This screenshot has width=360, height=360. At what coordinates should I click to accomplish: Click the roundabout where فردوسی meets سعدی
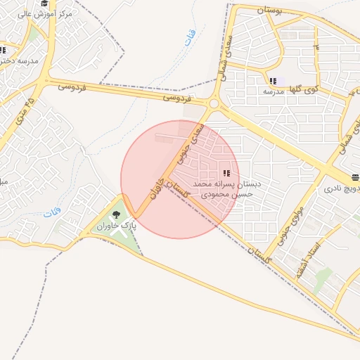(x=214, y=105)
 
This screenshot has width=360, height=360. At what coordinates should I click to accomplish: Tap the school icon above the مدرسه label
(x=273, y=82)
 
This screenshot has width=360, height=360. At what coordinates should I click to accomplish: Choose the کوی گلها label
(x=304, y=90)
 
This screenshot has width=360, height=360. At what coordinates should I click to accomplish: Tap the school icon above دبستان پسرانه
(x=226, y=173)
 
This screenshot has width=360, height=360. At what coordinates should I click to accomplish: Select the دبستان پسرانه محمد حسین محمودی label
(x=231, y=188)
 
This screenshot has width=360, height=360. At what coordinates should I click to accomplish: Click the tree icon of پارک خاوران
(x=116, y=214)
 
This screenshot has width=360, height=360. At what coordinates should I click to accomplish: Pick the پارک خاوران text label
(x=117, y=226)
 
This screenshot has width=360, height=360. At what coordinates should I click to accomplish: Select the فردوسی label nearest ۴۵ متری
(x=72, y=87)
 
